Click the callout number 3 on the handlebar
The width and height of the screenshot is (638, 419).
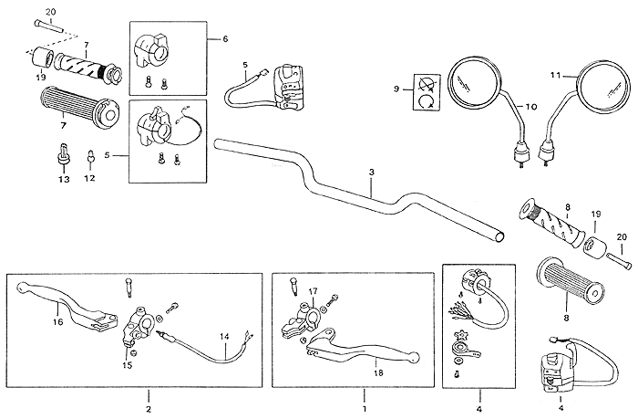(372, 173)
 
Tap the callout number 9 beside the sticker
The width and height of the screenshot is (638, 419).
(396, 89)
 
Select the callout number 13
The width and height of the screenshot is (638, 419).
(65, 179)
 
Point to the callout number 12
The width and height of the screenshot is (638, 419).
(90, 178)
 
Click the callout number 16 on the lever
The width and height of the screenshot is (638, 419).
(57, 322)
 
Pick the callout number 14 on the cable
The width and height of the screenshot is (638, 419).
(224, 337)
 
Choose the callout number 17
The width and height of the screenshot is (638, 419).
(313, 291)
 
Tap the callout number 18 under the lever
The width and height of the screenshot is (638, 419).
(378, 372)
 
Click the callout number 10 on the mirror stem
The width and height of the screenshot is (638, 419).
(531, 107)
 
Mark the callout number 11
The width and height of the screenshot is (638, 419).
(555, 75)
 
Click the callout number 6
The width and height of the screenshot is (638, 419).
(225, 39)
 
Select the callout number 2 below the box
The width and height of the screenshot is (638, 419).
(149, 409)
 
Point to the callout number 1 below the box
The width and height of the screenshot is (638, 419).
(365, 408)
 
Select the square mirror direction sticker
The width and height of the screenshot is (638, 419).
(427, 91)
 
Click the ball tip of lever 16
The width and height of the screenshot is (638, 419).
(22, 288)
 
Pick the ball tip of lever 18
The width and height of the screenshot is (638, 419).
(414, 357)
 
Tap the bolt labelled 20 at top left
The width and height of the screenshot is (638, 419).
(48, 26)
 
